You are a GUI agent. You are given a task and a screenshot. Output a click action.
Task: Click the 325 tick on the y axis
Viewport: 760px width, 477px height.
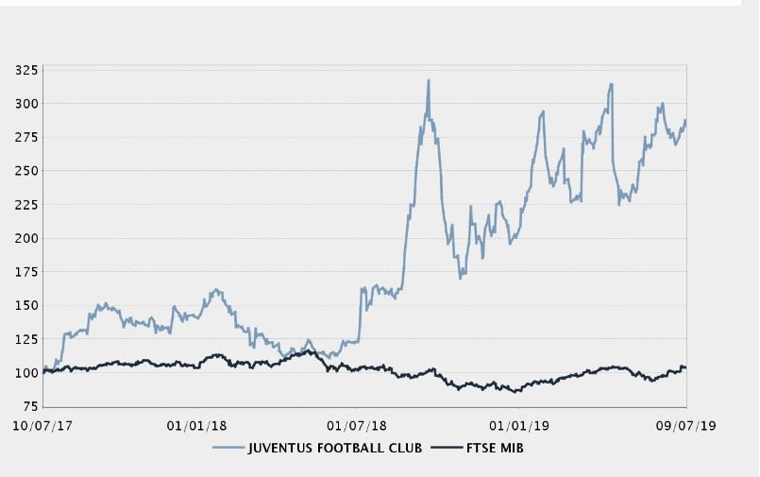(x=26, y=70)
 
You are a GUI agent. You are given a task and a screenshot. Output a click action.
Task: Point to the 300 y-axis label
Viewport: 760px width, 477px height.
(x=26, y=103)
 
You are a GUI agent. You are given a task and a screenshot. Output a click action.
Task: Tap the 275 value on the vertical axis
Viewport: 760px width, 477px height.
(x=26, y=137)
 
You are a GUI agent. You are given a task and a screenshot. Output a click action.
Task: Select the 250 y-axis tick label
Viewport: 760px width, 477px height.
(x=26, y=171)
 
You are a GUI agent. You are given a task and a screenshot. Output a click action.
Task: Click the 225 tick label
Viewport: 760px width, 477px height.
(x=26, y=204)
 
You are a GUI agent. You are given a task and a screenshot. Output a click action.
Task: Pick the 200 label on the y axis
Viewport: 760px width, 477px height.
(x=26, y=238)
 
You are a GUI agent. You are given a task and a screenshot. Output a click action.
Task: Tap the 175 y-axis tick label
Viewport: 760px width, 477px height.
(x=26, y=272)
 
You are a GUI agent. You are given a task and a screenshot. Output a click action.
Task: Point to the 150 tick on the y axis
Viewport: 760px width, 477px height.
(x=26, y=305)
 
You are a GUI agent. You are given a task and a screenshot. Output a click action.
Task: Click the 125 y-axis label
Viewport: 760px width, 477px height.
(x=26, y=339)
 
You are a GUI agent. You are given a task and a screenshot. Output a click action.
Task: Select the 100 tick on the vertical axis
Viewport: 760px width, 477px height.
(x=26, y=373)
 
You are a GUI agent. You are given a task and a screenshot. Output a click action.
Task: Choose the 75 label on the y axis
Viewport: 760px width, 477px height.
(x=30, y=406)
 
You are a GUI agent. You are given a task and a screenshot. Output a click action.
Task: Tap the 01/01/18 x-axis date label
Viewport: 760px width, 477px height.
(x=196, y=424)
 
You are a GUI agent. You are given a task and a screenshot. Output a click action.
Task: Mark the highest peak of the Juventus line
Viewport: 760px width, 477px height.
(x=429, y=81)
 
